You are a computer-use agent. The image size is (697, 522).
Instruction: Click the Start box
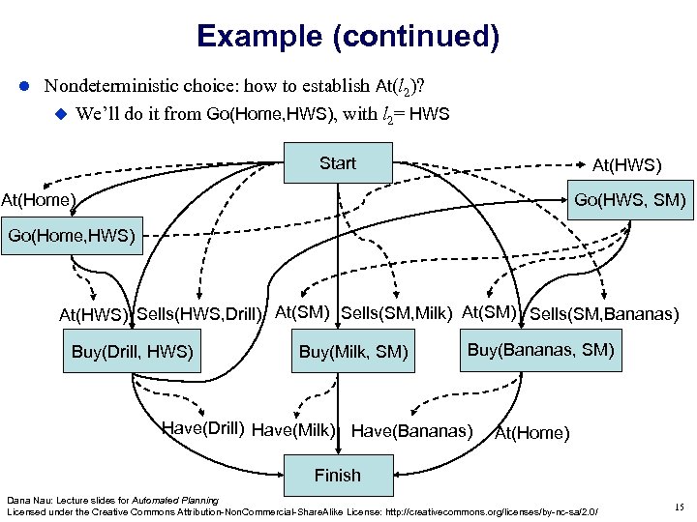[x=337, y=163]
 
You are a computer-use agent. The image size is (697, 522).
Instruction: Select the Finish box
[x=337, y=475]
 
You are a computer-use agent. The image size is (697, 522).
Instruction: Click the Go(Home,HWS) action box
[x=71, y=236]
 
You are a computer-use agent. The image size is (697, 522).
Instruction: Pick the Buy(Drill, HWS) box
[x=133, y=351]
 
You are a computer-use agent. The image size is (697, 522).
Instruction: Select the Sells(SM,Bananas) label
[x=604, y=313]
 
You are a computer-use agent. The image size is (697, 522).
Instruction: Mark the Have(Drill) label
[x=202, y=428]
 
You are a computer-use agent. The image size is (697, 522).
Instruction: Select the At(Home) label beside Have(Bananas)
[x=531, y=432]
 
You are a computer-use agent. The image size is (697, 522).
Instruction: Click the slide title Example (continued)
[x=348, y=37]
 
